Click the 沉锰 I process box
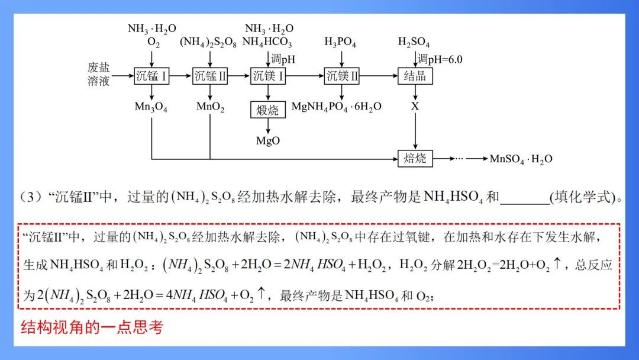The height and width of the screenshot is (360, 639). (x=152, y=76)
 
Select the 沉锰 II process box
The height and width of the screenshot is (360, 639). (x=210, y=76)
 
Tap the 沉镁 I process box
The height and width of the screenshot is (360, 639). (x=269, y=76)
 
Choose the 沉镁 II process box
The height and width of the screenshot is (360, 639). (x=341, y=76)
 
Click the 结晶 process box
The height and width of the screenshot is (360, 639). (x=415, y=76)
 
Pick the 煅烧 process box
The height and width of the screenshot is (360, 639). (x=268, y=110)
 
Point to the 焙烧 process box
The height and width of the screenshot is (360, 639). (x=415, y=158)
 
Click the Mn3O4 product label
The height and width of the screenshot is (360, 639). (x=151, y=107)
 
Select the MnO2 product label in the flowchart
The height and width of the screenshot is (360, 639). (x=210, y=107)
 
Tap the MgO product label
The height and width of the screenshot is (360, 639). (x=268, y=141)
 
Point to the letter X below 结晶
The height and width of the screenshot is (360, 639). (x=415, y=107)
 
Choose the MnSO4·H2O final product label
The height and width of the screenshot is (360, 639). (x=521, y=159)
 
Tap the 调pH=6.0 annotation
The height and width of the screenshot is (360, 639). (x=440, y=59)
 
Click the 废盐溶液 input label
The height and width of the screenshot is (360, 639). (x=99, y=75)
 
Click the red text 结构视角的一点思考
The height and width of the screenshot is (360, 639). (x=92, y=327)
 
